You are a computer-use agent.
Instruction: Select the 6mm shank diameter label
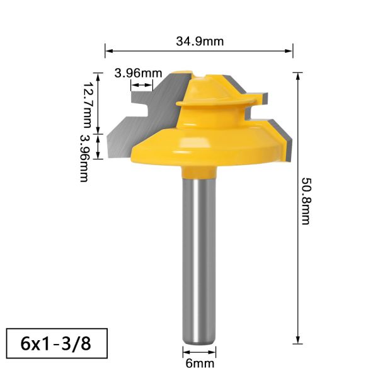pos(199,364)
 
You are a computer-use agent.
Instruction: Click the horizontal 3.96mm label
pos(137,72)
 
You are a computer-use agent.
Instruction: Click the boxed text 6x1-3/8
pos(54,344)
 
